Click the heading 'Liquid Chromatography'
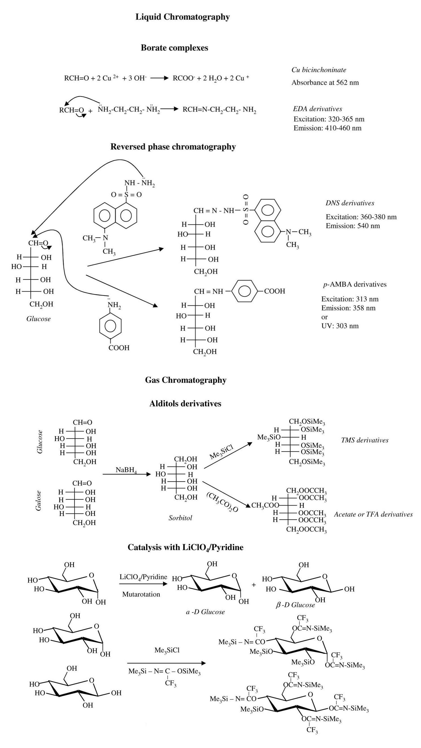point(182,17)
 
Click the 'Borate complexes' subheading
point(174,48)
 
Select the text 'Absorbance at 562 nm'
point(325,83)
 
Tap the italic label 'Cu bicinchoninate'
point(319,70)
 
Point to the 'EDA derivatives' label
point(317,109)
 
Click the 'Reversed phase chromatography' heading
point(173,147)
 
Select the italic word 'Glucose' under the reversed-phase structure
point(38,319)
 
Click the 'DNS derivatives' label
point(350,203)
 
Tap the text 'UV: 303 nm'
point(340,326)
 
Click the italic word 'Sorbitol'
point(180,518)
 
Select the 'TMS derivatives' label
point(364,440)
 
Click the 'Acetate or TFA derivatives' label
point(373,515)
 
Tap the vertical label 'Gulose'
point(38,501)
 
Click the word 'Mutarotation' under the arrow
point(141,594)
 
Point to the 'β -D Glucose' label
point(295,605)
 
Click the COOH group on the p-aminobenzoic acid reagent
point(119,348)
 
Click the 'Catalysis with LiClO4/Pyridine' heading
point(185,548)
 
